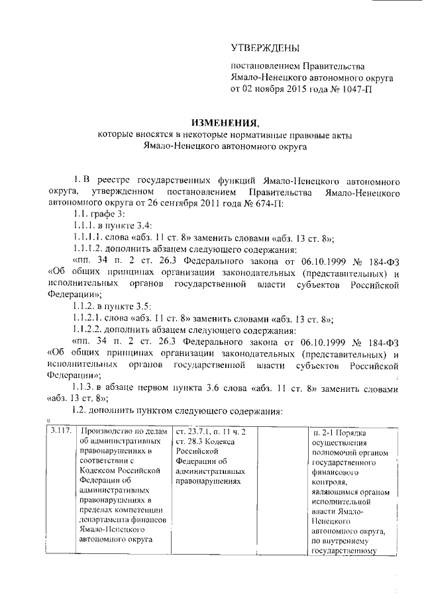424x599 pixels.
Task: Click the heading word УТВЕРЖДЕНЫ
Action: (264, 48)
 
